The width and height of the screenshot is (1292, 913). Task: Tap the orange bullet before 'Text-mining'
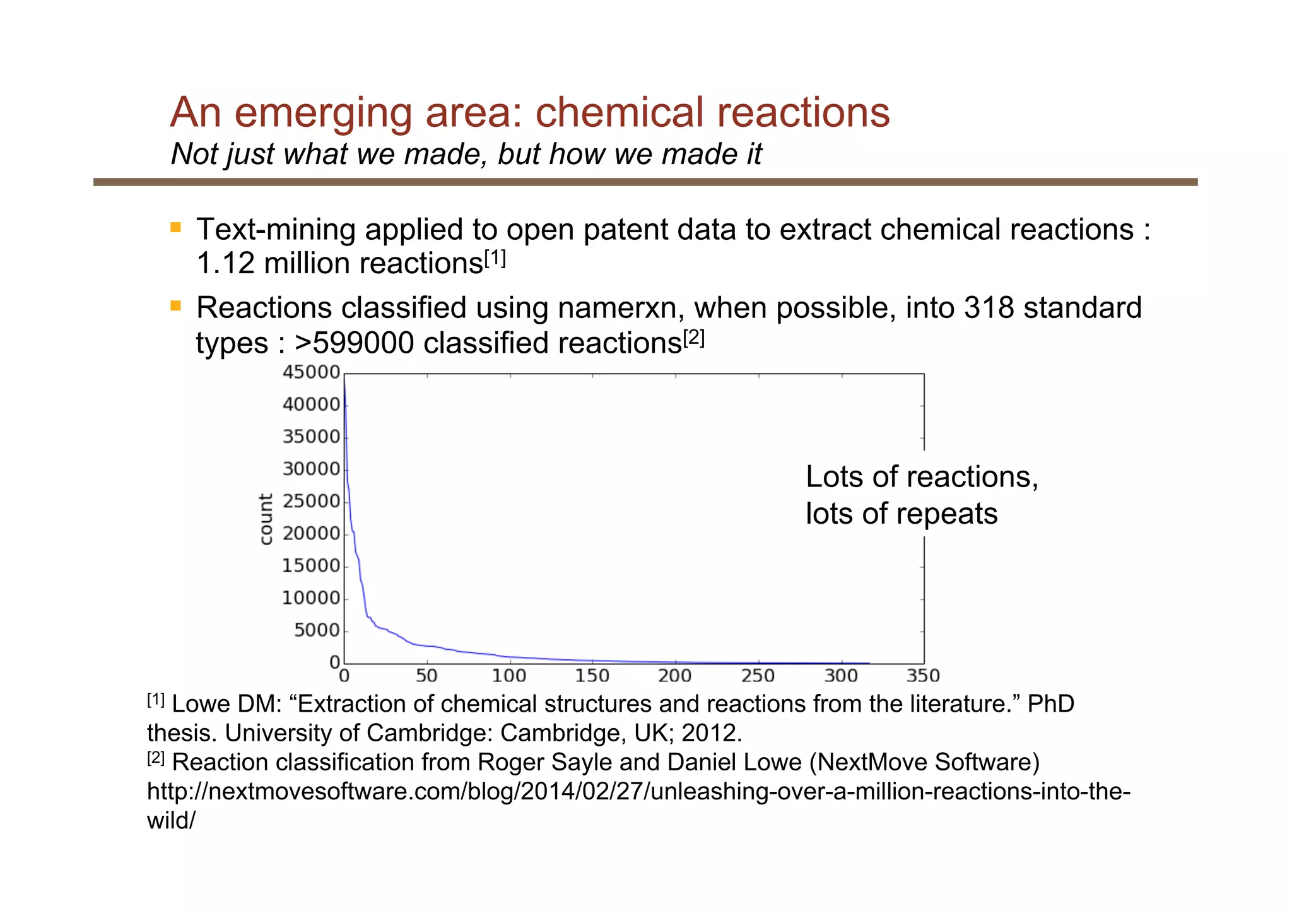[176, 227]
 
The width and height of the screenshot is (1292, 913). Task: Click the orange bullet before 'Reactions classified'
[176, 307]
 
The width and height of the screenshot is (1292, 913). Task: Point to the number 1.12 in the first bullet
[225, 264]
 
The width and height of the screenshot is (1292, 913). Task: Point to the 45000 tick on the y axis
[311, 372]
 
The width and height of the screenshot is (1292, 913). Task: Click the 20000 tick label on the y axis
[311, 534]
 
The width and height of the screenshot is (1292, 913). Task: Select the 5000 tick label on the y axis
[317, 630]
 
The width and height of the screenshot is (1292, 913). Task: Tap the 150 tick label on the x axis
[592, 676]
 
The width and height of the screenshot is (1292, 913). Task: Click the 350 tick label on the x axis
[923, 676]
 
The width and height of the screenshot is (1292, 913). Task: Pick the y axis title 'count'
[266, 519]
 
